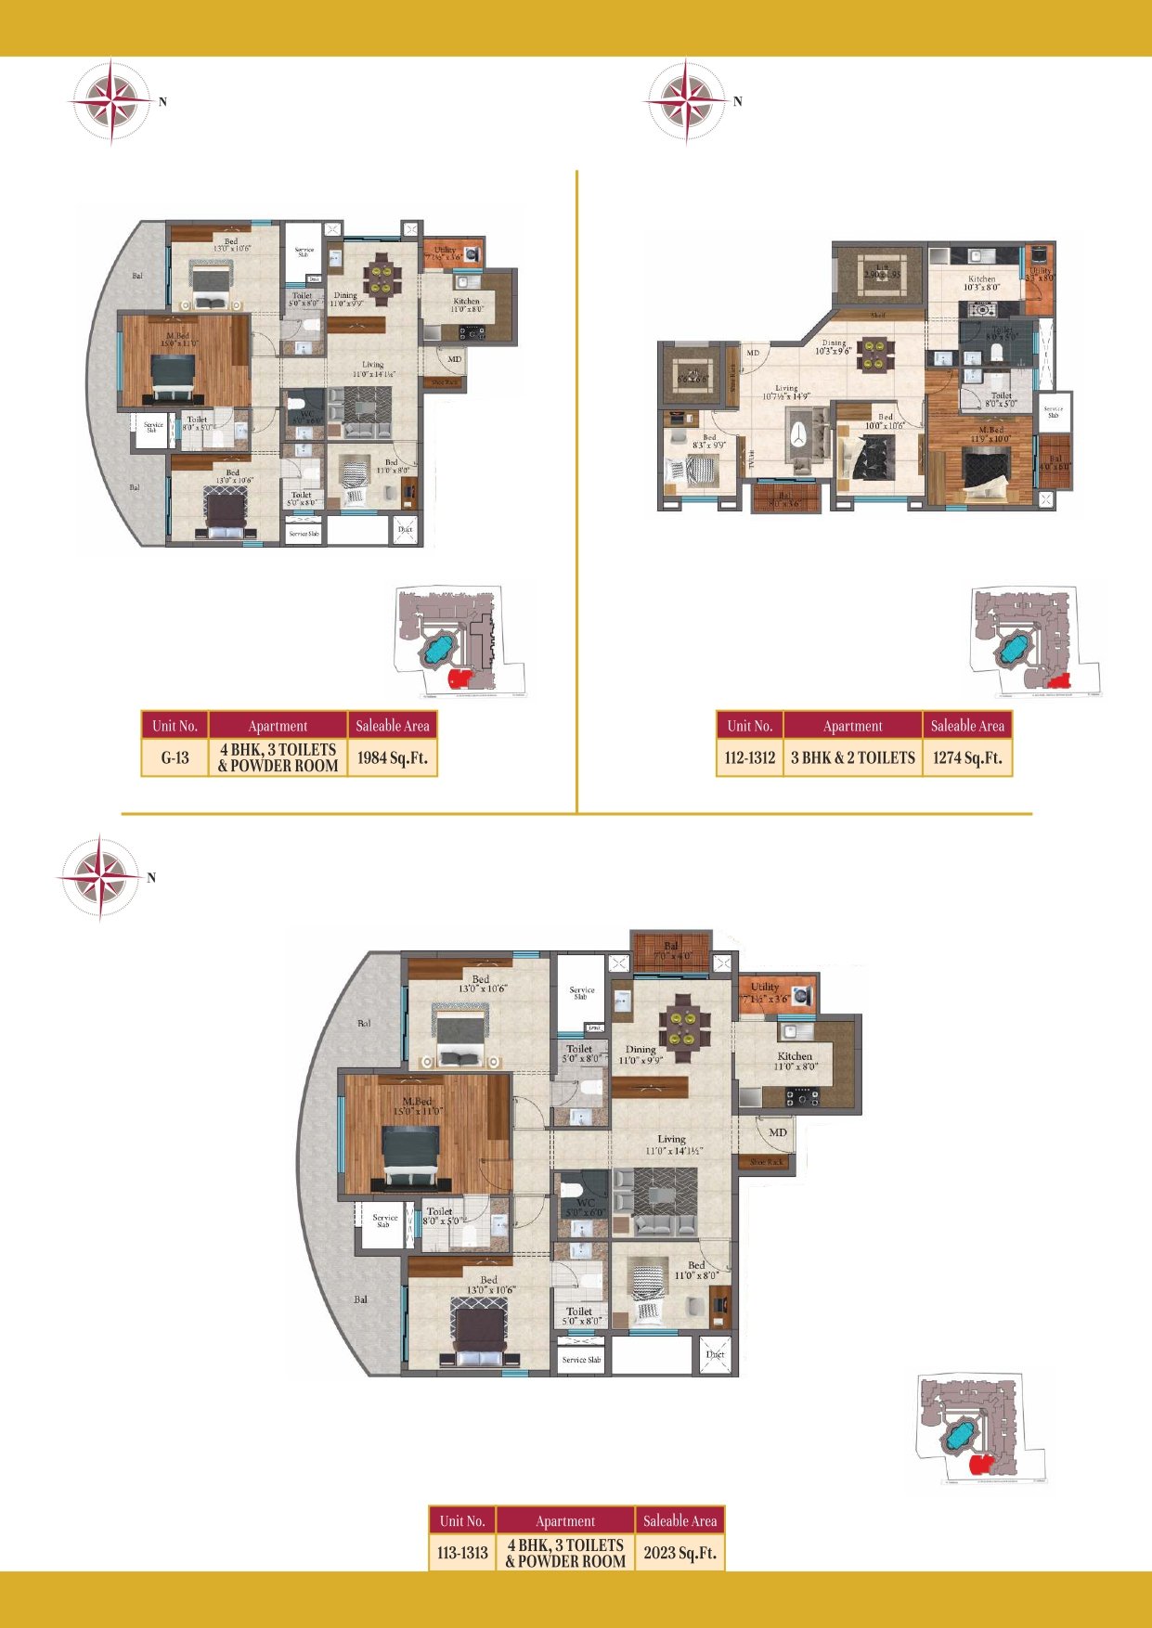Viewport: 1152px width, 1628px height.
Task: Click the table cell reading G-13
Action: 175,757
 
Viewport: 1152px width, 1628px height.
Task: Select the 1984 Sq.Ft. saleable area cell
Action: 392,757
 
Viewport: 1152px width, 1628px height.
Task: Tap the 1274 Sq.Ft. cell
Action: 967,757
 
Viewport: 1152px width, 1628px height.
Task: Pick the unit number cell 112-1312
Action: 749,757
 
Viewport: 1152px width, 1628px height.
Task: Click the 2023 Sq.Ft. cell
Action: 680,1553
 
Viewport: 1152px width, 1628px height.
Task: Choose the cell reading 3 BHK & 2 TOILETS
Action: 852,757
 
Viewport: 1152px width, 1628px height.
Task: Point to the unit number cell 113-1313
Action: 462,1553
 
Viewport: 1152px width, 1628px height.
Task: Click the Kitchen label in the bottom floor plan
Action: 795,1056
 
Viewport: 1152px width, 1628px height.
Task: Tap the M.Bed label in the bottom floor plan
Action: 417,1102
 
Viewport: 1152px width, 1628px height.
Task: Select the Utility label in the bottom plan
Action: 765,987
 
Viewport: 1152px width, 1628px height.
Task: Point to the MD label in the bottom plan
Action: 778,1132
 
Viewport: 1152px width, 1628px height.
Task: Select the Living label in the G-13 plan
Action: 372,365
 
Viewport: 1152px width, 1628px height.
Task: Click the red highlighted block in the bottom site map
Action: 978,1464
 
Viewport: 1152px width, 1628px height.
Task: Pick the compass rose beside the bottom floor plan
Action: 100,877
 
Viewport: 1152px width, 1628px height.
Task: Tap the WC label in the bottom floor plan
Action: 586,1203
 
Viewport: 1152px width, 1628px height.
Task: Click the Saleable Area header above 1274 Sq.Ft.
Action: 967,726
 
